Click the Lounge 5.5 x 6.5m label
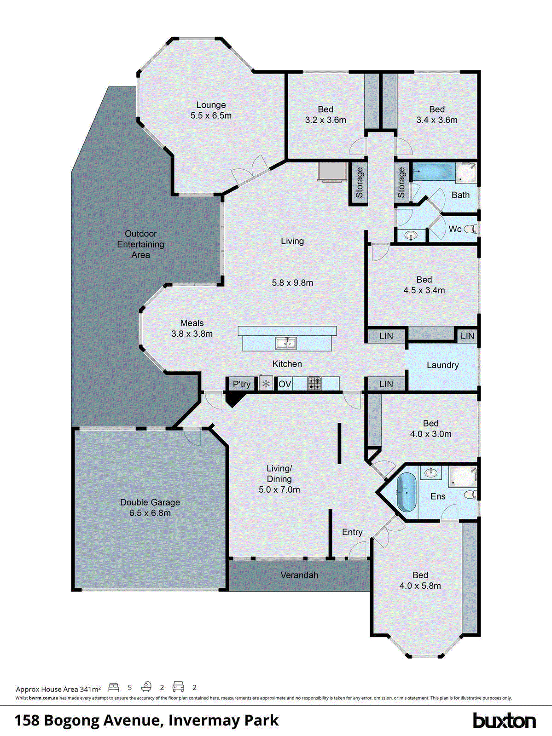point(211,110)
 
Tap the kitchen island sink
point(286,343)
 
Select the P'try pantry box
point(241,384)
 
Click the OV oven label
point(285,384)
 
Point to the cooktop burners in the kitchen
point(315,384)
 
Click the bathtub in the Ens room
point(407,492)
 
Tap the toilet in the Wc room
point(470,229)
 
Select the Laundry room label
point(442,365)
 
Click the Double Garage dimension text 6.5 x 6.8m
point(150,513)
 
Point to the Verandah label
point(299,575)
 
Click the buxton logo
point(504,720)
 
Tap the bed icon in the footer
point(113,687)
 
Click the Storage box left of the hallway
point(359,182)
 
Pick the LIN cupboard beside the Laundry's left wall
point(386,384)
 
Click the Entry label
point(352,532)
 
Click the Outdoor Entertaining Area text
point(140,244)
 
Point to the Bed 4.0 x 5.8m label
point(420,581)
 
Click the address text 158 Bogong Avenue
point(87,720)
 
